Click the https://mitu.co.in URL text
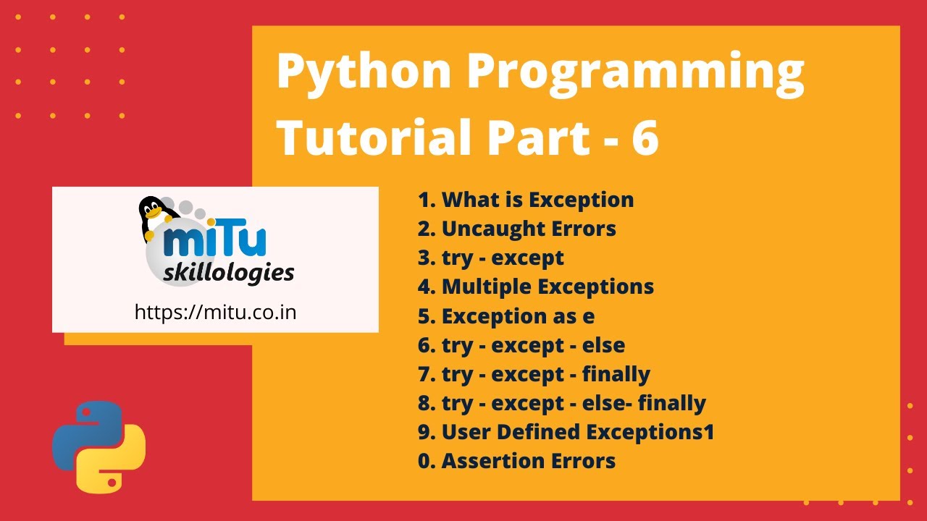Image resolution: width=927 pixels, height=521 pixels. tap(215, 312)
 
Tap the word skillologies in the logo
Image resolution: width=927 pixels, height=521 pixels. tap(229, 273)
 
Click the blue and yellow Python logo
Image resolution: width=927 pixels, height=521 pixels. tap(99, 446)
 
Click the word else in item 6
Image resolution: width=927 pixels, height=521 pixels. tap(603, 345)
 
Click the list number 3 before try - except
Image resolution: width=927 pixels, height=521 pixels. tap(425, 258)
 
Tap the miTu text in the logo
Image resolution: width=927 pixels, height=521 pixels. tap(215, 242)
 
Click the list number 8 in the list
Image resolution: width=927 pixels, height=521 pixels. tap(425, 403)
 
